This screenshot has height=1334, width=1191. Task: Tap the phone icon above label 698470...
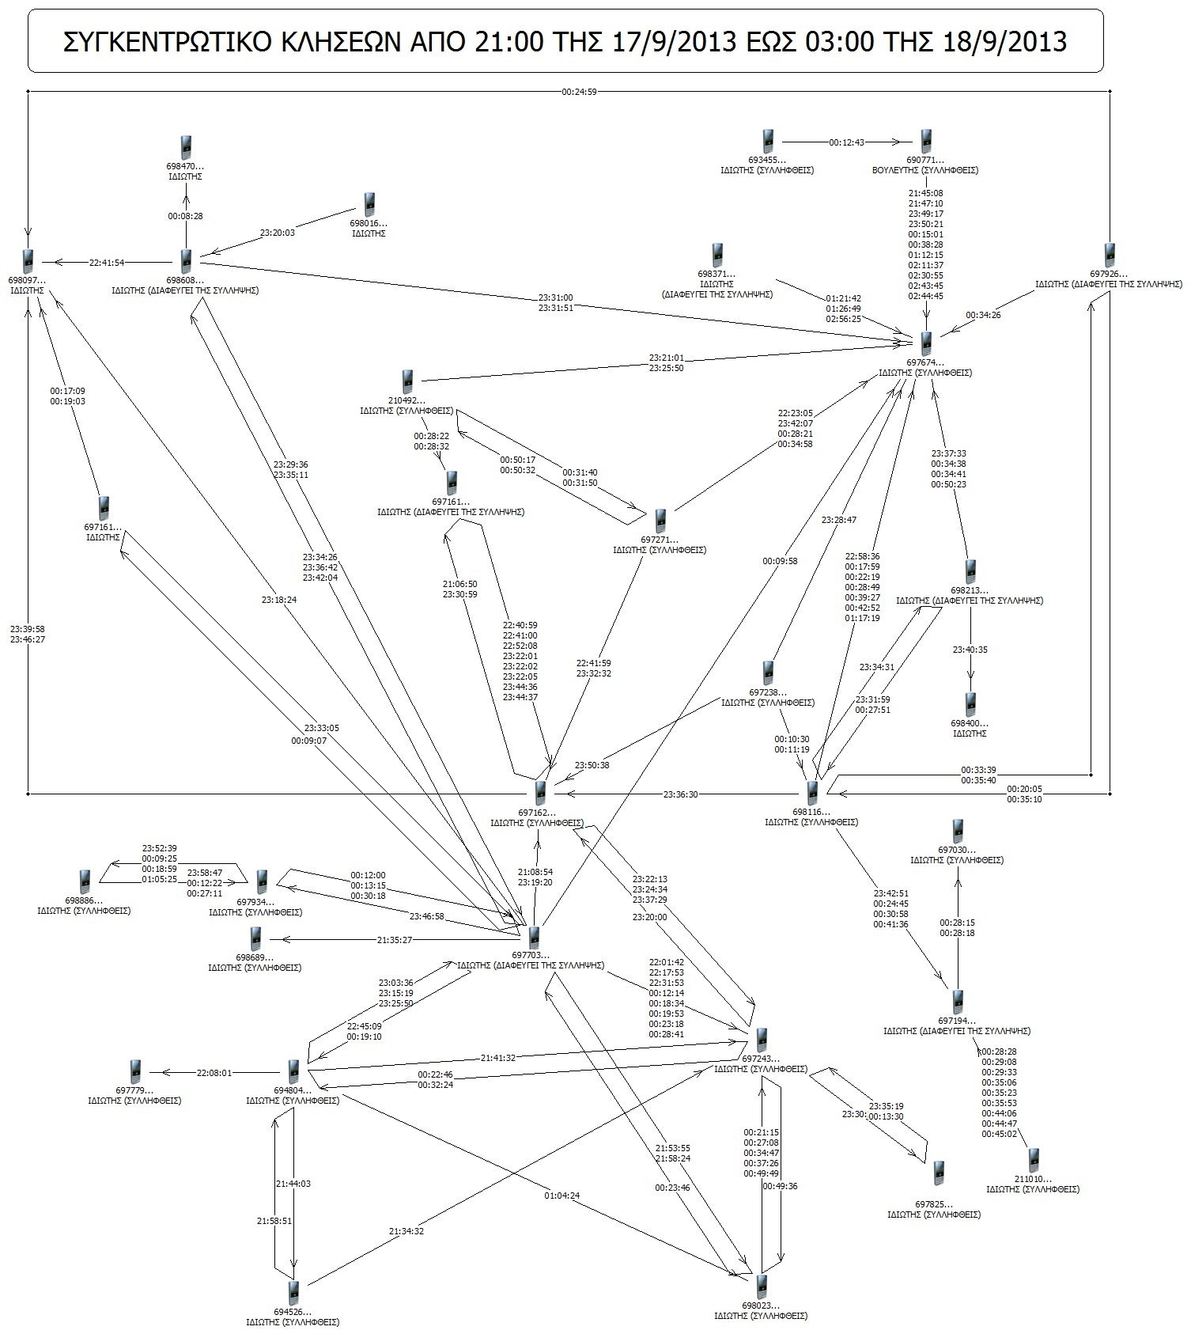coord(186,147)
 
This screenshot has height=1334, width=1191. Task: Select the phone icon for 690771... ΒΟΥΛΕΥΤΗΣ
coord(926,142)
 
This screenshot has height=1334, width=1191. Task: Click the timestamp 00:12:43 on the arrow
coord(846,142)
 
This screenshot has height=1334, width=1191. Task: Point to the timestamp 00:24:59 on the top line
coord(579,92)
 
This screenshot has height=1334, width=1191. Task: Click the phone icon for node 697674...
coord(926,344)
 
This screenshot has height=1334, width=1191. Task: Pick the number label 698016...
coord(369,224)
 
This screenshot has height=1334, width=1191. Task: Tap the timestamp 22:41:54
coord(107,262)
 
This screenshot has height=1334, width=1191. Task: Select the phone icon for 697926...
coord(1110,256)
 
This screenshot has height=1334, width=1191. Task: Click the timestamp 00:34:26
coord(983,315)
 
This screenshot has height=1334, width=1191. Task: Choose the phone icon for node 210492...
coord(407,382)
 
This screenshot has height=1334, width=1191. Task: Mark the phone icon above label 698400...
coord(970,704)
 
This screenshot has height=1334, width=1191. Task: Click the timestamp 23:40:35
coord(970,650)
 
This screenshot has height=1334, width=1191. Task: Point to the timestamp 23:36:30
coord(680,794)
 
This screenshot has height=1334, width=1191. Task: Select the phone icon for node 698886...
coord(85,881)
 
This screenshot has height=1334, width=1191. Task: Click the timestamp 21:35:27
coord(394,940)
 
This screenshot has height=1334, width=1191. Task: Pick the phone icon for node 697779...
coord(135,1072)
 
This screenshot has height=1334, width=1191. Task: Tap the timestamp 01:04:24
coord(562,1195)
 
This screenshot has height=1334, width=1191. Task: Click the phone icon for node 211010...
coord(1033,1161)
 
